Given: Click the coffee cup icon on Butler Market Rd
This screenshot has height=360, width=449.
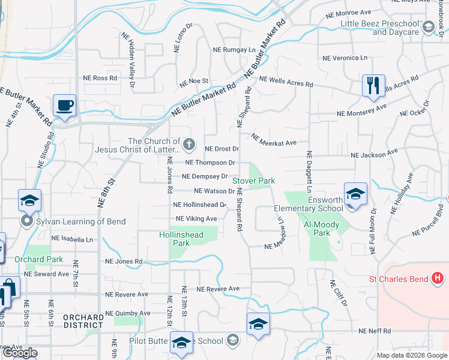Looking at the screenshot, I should tap(64, 106).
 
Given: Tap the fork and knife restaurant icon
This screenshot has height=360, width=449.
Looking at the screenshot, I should tap(373, 85).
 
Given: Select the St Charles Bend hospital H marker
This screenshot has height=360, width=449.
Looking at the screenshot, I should tap(438, 279).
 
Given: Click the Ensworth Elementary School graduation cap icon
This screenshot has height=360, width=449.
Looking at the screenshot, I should tap(355, 194).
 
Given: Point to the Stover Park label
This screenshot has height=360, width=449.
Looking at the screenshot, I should tap(253, 180).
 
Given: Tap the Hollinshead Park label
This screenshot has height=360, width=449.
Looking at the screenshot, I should tap(182, 239).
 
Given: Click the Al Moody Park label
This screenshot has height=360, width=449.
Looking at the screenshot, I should tap(322, 229).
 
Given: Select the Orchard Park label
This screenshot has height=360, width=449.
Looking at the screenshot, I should tap(39, 259).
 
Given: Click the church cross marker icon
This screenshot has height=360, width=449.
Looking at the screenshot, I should tap(189, 143).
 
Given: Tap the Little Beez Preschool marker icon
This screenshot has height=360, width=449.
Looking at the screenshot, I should tap(429, 28).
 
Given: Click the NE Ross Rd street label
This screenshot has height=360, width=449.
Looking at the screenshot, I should tap(100, 78).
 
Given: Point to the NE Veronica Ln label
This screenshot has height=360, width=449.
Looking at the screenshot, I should tap(345, 58).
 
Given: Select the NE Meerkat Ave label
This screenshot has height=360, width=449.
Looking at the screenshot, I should tap(274, 140).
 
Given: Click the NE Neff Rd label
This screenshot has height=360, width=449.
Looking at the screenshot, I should tap(375, 331).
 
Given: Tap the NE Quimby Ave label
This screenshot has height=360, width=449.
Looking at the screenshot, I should tap(128, 313).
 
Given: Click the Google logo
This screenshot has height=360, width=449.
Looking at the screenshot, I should tap(20, 353).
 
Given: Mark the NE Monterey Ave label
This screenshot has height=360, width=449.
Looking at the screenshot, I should tap(361, 112).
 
